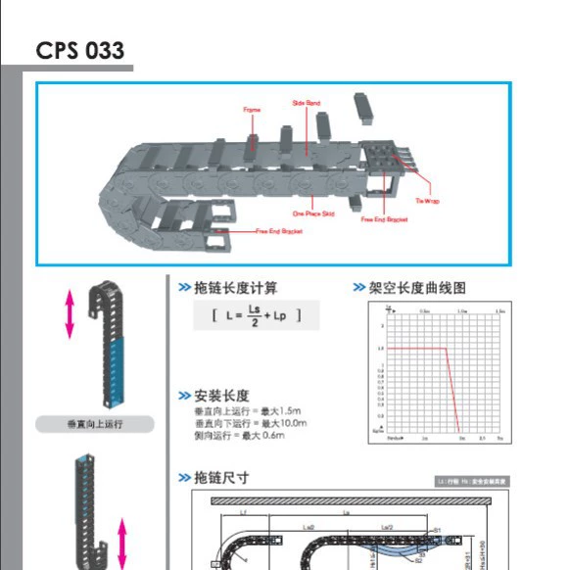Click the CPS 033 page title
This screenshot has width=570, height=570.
tap(80, 50)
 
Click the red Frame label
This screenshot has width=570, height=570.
tap(252, 111)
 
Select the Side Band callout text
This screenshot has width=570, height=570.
tap(306, 103)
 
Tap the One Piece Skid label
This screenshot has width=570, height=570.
tap(313, 213)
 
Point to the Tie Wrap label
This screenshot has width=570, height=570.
tap(427, 201)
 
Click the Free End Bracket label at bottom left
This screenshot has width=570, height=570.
tap(278, 231)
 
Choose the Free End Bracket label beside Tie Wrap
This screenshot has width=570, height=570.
tap(384, 220)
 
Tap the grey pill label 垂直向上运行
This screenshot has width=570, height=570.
tap(96, 424)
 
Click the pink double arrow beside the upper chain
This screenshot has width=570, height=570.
tap(69, 314)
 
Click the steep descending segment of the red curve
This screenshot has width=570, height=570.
tap(453, 392)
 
